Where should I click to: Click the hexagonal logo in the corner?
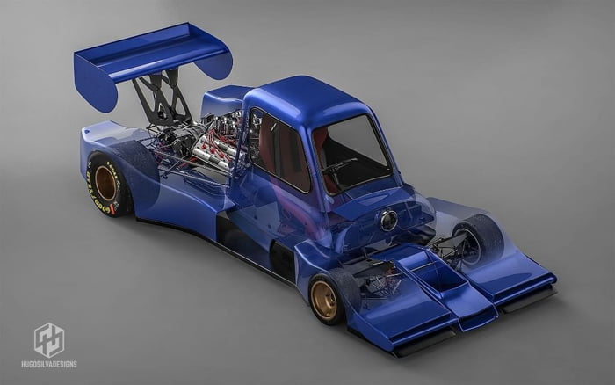tap(48, 339)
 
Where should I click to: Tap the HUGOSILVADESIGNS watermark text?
tap(48, 364)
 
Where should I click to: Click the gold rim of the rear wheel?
tap(106, 184)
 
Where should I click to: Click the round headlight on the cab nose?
tap(388, 221)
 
